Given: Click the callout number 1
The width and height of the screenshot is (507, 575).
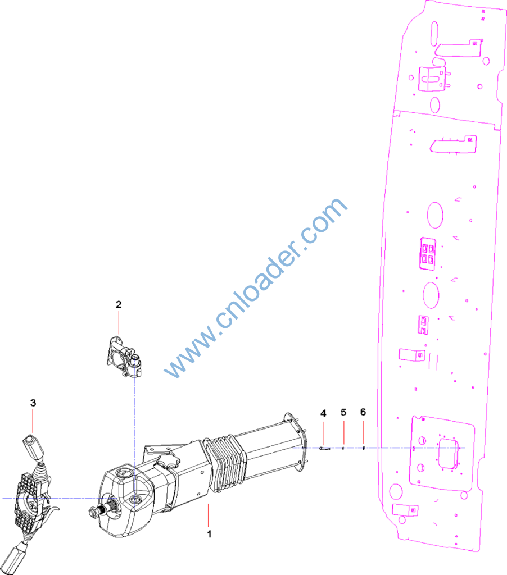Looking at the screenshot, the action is point(209,534).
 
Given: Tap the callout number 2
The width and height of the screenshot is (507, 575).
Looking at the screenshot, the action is point(118,304).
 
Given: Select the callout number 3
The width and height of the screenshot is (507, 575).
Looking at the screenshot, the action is point(33,403).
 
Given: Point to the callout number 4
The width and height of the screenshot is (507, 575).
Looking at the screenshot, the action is point(323,413).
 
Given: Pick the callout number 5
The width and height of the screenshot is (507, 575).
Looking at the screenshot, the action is point(343,412).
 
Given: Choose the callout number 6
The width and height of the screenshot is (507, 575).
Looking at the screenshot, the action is point(363,412).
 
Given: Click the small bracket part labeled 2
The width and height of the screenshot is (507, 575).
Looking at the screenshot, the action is point(124,357).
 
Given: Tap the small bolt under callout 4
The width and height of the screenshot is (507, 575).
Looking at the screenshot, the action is point(324,448).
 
